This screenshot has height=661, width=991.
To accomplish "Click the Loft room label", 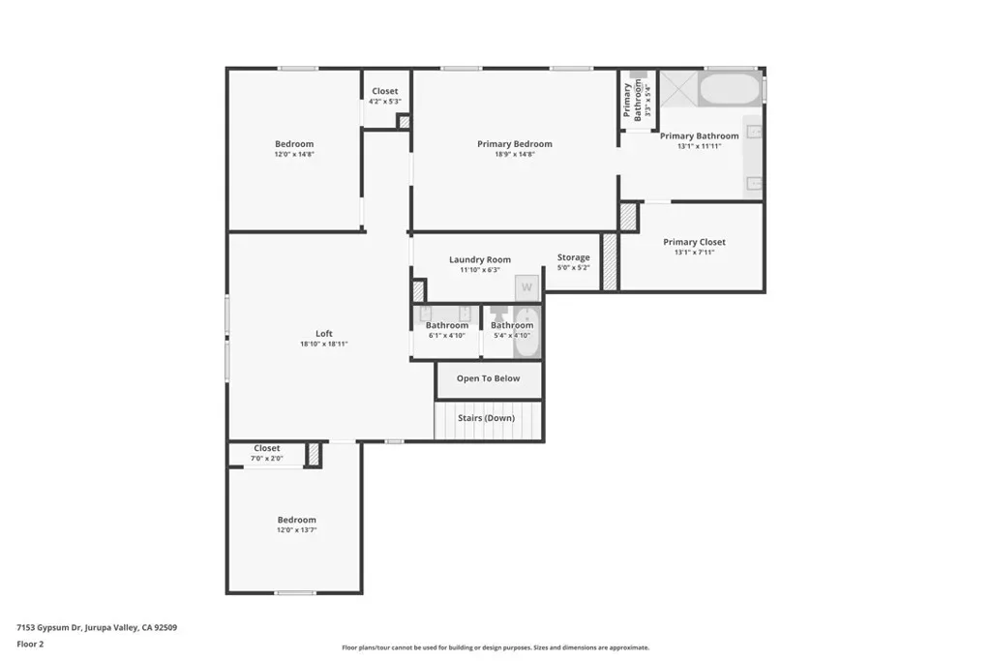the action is click(324, 334).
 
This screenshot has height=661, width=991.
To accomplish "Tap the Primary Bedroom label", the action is click(515, 144).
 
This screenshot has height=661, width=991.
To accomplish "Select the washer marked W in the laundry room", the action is click(527, 287).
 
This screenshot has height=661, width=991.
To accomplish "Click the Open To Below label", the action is click(489, 378).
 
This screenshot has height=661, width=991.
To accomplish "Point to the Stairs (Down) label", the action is click(486, 418).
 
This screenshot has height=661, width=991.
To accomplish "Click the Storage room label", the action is click(573, 257).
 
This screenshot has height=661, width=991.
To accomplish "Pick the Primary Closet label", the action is click(694, 242).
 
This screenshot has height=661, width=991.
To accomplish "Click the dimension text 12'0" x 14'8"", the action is click(294, 154).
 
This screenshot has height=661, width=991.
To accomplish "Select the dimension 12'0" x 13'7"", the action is click(296, 530).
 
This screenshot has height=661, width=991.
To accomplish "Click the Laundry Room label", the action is click(480, 259).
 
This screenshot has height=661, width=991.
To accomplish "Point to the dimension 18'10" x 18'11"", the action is click(324, 344).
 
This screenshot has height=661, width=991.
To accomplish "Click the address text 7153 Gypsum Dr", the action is click(49, 627).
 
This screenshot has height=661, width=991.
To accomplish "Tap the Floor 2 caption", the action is click(30, 645).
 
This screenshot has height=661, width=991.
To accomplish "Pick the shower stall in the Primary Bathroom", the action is click(678, 88).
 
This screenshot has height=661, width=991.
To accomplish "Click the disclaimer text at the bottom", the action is click(495, 647).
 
